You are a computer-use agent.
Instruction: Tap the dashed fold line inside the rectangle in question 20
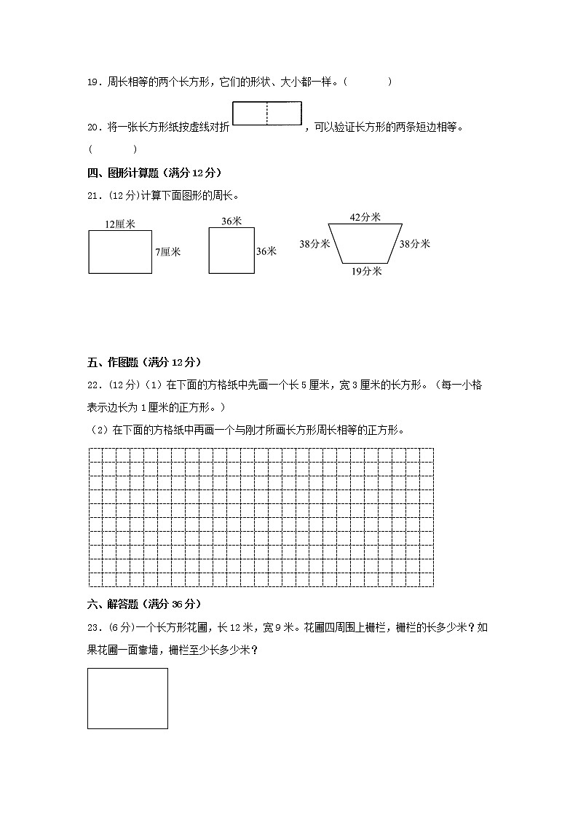tap(267, 114)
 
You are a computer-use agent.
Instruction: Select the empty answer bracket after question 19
tap(368, 82)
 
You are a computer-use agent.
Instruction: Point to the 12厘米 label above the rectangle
tap(119, 224)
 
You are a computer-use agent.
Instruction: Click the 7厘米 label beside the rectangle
tap(167, 251)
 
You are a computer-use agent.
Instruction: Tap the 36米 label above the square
tap(231, 221)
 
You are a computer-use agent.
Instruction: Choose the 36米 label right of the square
tap(266, 251)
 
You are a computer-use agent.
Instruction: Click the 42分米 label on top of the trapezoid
tap(365, 217)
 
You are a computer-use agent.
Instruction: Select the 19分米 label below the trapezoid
tap(367, 271)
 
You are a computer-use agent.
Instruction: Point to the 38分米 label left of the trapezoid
tap(314, 244)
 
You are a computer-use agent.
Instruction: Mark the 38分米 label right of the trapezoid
tap(414, 244)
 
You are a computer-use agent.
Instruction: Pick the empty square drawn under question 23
tap(127, 698)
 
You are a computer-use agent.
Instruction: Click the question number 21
tap(94, 195)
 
